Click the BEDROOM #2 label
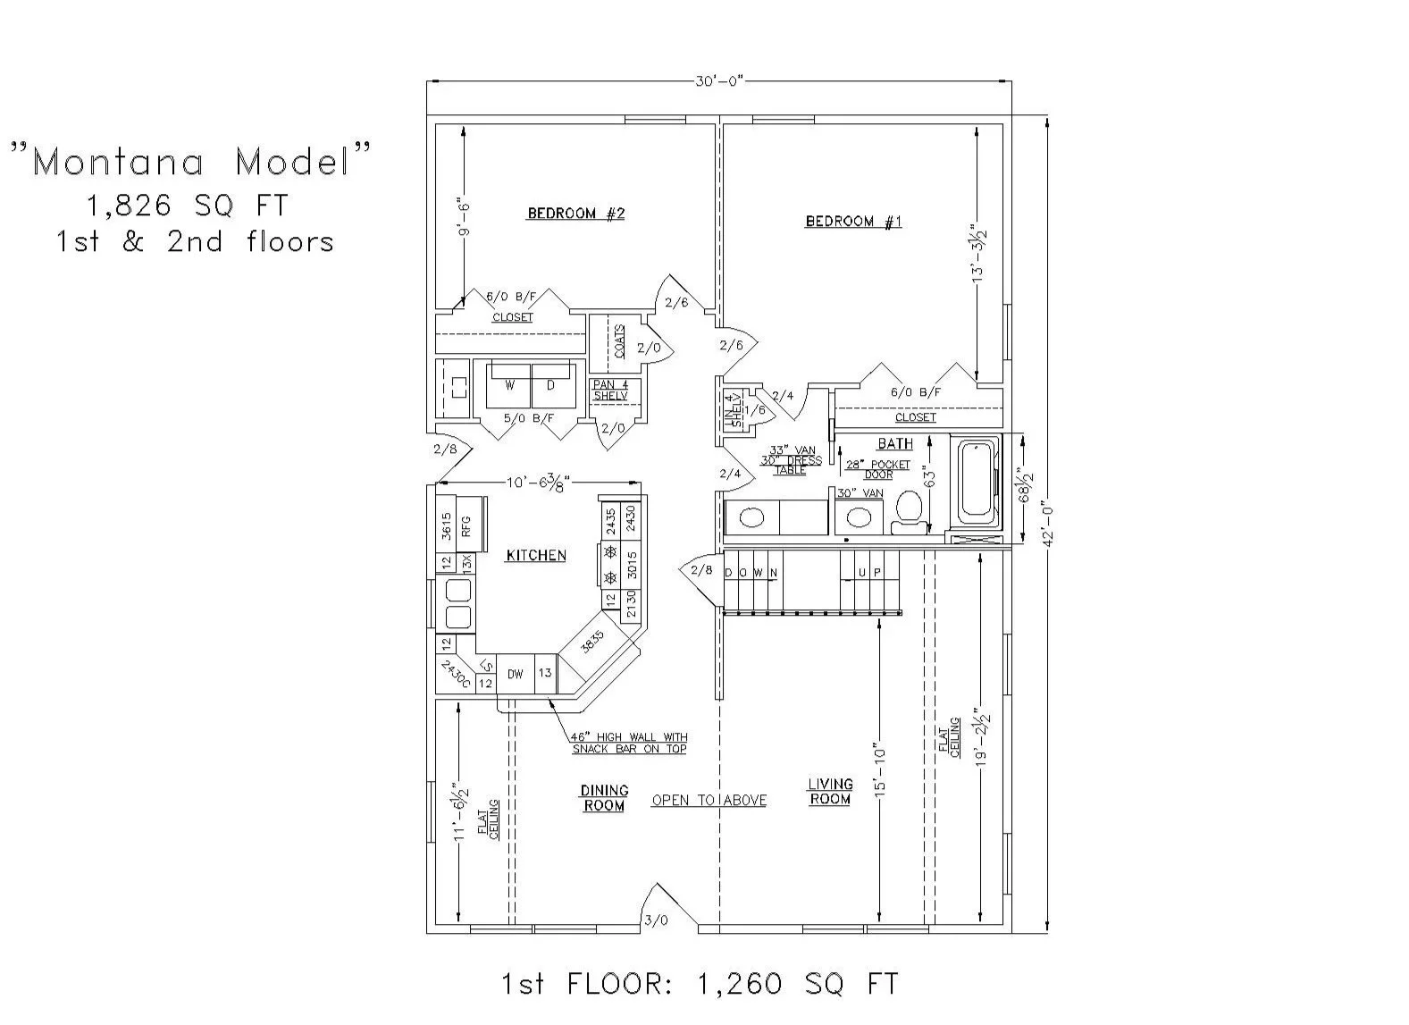[x=575, y=214]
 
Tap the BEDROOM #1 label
[x=853, y=222]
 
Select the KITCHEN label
[x=536, y=555]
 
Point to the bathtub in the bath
[x=977, y=482]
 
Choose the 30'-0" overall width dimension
[x=719, y=81]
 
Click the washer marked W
[x=509, y=385]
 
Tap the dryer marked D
[x=551, y=385]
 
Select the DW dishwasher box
[x=516, y=675]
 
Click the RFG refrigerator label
[x=466, y=526]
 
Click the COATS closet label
[x=619, y=341]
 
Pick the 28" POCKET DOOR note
[x=877, y=469]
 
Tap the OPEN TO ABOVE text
[x=709, y=800]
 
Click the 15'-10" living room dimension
[x=880, y=769]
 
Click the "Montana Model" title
[x=190, y=162]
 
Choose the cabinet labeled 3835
[x=592, y=642]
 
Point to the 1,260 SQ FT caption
[x=699, y=984]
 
